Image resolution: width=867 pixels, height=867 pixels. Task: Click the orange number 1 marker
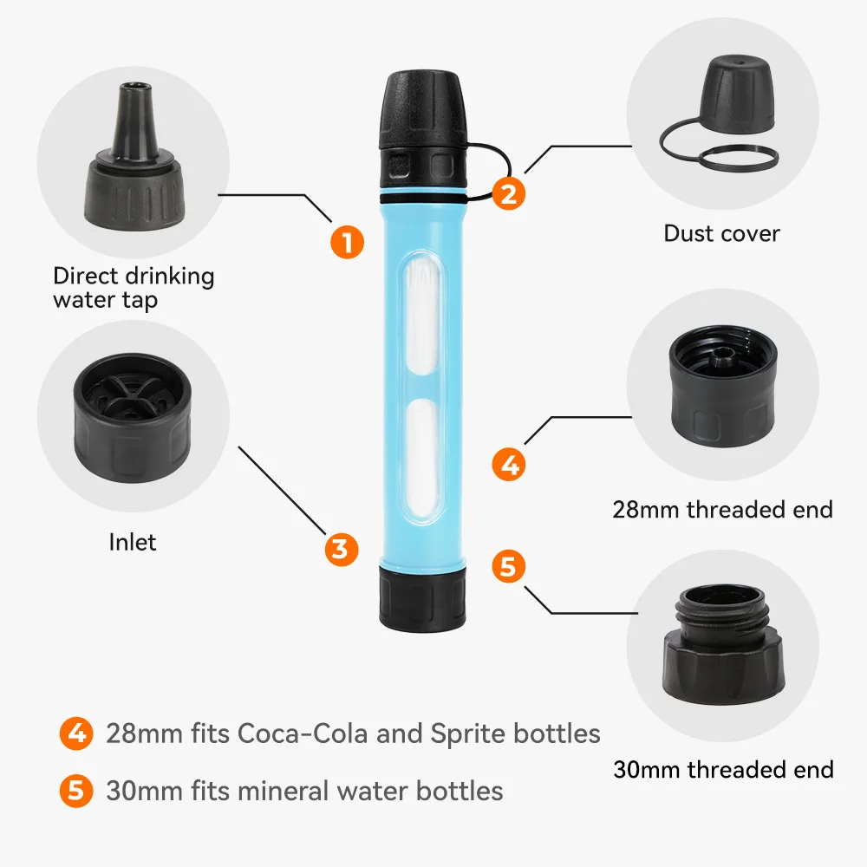(x=348, y=242)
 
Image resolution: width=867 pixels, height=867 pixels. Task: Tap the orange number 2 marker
(x=509, y=193)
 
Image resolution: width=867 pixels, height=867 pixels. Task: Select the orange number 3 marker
(x=341, y=549)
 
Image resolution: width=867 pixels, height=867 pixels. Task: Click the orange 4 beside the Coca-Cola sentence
(x=76, y=733)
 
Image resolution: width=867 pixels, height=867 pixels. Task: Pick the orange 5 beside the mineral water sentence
(x=76, y=791)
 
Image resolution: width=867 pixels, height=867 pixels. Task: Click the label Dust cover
(x=721, y=233)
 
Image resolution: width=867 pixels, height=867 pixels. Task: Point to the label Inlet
(x=132, y=542)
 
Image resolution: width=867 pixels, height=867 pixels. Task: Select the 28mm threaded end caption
(x=723, y=509)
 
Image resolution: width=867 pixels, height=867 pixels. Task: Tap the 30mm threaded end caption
(x=723, y=769)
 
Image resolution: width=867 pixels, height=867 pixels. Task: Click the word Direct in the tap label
(x=85, y=276)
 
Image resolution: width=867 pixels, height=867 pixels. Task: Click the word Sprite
(x=468, y=733)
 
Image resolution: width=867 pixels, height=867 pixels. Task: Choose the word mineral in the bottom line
(x=284, y=791)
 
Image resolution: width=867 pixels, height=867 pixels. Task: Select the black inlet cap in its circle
(x=132, y=418)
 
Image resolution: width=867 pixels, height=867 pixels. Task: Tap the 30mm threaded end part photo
(x=724, y=645)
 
